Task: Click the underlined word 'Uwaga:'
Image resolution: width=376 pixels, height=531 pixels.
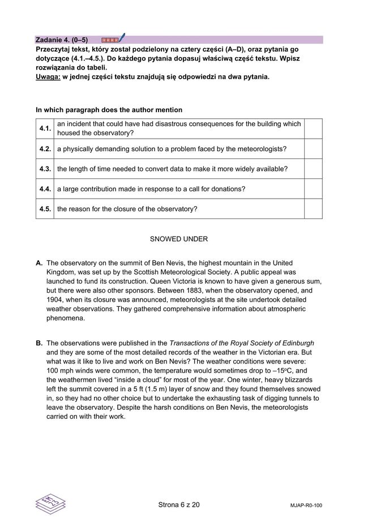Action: [x=48, y=76]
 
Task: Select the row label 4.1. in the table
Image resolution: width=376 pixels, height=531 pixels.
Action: [x=45, y=129]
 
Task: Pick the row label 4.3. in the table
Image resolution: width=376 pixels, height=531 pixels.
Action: [x=45, y=169]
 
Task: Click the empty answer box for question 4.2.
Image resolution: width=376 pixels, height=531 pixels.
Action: [x=313, y=149]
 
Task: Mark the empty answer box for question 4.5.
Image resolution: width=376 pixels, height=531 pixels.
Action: [x=313, y=209]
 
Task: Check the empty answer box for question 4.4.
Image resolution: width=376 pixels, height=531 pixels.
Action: [x=313, y=189]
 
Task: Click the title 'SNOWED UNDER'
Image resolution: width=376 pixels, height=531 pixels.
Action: [x=178, y=239]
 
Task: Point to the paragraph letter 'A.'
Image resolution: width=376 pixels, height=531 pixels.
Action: [x=40, y=263]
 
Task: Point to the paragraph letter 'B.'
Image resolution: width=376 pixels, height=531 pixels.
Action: [x=40, y=343]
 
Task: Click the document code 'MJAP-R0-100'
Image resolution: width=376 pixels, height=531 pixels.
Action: [x=306, y=505]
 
